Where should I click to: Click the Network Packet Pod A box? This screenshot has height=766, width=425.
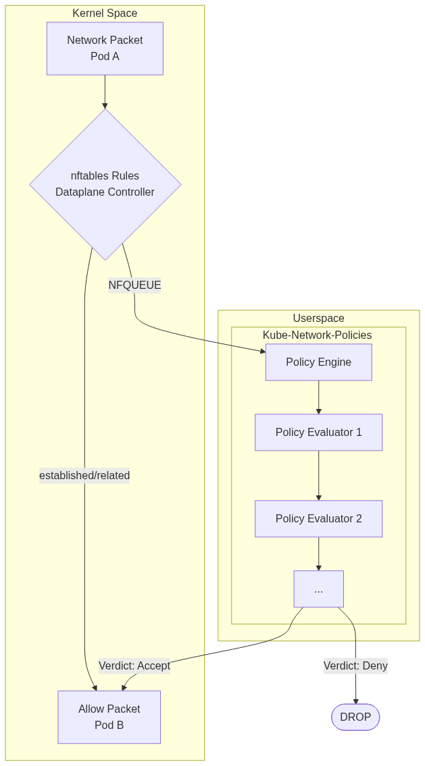105,48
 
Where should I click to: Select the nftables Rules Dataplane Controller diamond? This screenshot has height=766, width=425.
105,184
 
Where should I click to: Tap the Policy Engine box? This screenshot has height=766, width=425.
318,362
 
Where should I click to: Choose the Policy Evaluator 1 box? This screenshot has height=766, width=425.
318,432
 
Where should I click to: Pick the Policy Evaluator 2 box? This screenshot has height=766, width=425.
318,518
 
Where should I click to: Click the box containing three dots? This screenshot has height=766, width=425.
318,589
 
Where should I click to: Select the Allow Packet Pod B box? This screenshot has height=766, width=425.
109,717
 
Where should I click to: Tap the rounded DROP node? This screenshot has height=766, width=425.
355,717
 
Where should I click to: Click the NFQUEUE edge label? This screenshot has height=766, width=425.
134,285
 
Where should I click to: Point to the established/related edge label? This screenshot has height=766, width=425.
84,476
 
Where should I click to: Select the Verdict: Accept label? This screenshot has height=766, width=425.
134,666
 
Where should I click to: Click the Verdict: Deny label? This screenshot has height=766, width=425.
355,666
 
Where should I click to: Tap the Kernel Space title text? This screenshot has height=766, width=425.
105,13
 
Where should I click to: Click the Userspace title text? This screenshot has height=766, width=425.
318,319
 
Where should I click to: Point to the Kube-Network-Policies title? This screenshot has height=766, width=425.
317,335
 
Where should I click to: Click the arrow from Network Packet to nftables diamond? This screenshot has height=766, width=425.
105,91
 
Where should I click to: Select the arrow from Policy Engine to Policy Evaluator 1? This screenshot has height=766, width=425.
318,397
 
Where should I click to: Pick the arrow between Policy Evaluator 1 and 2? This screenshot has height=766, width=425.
318,475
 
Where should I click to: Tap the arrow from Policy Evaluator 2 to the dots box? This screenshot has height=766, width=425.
318,553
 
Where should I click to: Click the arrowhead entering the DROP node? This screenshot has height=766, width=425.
355,701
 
